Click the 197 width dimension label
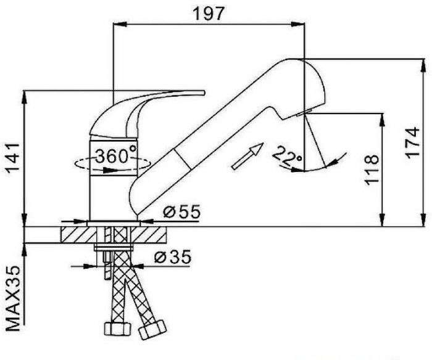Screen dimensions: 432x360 pos(209,14)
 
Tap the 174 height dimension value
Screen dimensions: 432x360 pos(412,143)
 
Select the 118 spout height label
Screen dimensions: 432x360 pos(372,170)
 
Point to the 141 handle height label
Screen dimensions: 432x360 pos(13,157)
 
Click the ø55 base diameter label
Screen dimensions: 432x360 pos(182,211)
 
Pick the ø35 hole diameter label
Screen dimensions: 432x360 pos(173,257)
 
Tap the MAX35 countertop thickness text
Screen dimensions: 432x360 pos(13,298)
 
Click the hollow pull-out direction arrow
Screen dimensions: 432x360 pos(248,156)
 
